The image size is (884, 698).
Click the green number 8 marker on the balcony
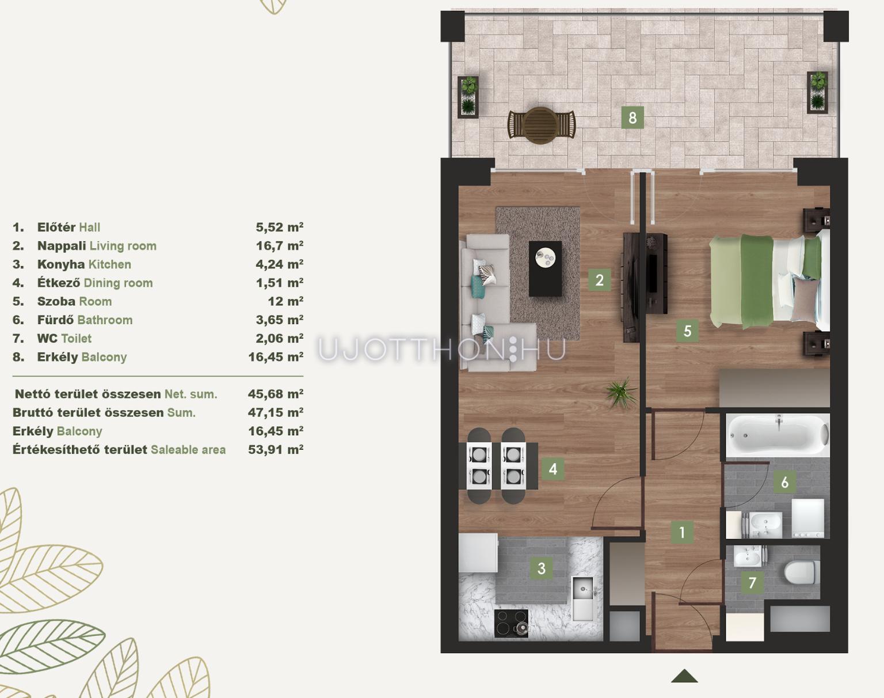point(632,117)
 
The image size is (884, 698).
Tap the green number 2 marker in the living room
point(599,280)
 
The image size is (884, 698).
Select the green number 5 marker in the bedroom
point(687,331)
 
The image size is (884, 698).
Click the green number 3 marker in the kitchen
point(542,568)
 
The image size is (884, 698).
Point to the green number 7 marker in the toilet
point(752,582)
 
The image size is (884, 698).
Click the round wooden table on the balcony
point(542,126)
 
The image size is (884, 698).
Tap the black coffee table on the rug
point(545,269)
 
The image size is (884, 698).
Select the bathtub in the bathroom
point(778,435)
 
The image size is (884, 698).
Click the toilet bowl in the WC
point(799,572)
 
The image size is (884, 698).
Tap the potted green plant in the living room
point(622,393)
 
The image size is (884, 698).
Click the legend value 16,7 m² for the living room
point(279,245)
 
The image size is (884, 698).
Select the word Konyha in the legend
point(61,264)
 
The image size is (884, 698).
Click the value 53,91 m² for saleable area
point(276,449)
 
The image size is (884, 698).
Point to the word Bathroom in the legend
point(105,320)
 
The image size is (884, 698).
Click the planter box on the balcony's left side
point(468,97)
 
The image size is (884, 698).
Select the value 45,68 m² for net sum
point(276,394)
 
